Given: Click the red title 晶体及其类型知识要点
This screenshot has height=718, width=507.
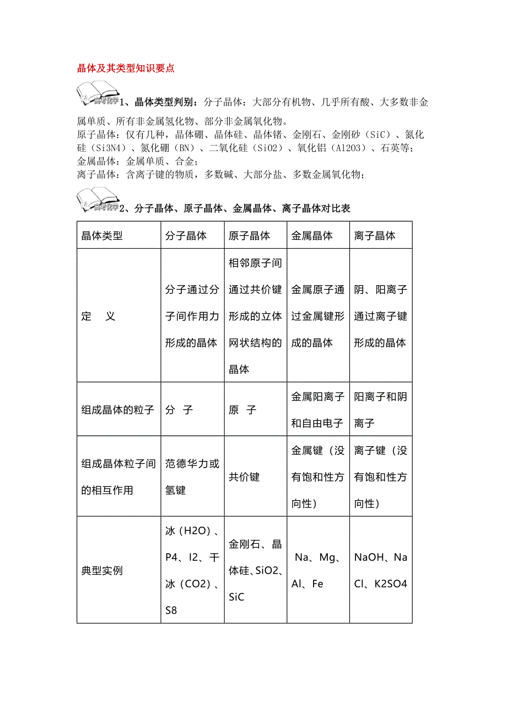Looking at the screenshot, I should (126, 68).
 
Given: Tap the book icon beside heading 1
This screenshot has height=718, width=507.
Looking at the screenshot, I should (98, 93).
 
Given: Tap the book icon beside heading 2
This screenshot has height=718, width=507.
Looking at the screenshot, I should (98, 200).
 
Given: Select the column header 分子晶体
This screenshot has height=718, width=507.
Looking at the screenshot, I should (186, 236).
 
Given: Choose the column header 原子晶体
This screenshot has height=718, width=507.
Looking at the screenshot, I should (249, 236).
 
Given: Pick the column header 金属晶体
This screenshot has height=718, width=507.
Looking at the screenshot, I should (312, 236).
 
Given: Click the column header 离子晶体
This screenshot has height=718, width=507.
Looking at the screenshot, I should (375, 236).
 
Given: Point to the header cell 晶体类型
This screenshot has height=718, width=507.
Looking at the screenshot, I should (102, 236).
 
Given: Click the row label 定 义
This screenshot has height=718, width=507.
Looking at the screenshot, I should (99, 317).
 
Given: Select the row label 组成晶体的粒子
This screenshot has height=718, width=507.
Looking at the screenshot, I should (118, 410).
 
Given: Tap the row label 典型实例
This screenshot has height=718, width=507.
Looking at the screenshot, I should (102, 571).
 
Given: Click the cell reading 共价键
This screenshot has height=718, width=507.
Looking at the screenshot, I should (244, 477).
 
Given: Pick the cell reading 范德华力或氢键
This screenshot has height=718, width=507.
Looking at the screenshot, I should (192, 477).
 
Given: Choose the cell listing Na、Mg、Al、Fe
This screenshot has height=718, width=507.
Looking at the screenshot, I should (317, 571).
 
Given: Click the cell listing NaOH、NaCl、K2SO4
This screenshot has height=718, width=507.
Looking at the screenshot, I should (381, 571).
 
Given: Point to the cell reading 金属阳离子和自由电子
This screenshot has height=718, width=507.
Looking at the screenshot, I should (317, 410).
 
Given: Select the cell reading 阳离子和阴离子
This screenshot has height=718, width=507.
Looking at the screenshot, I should (381, 410).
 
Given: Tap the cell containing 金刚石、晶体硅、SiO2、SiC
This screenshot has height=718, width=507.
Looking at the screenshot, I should (255, 571).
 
